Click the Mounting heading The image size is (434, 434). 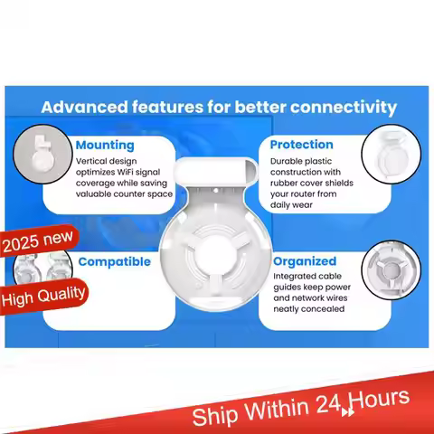click(105, 145)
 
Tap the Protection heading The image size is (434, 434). click(301, 145)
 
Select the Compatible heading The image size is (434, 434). click(115, 262)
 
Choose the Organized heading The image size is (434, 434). click(305, 261)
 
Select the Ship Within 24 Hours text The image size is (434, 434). click(300, 406)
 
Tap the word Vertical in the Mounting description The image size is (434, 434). click(93, 160)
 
